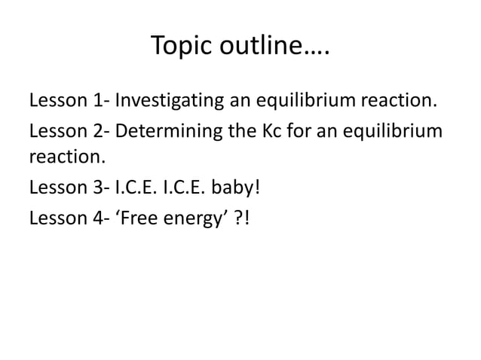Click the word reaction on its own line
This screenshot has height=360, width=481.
click(63, 159)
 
